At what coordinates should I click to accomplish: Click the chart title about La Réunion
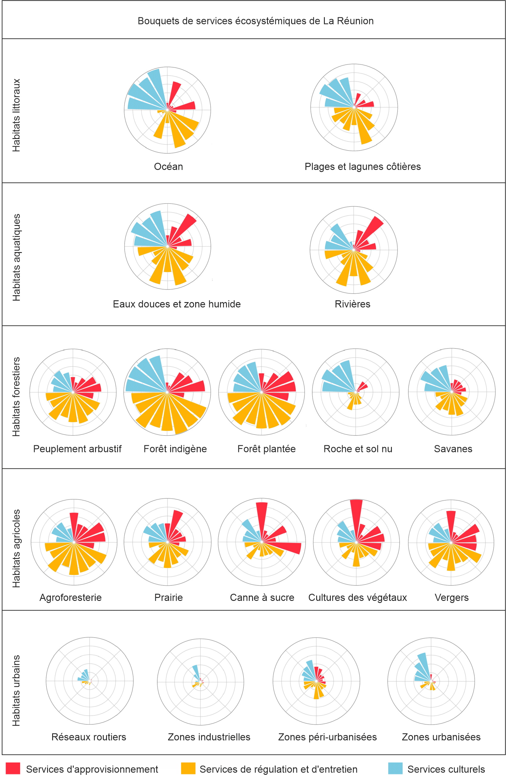(x=255, y=21)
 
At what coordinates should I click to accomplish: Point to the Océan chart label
(x=168, y=167)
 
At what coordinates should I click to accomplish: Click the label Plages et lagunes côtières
(x=363, y=167)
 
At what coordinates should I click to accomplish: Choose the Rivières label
(x=353, y=304)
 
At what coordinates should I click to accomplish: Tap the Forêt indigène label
(x=175, y=449)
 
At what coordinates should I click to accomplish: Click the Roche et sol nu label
(x=358, y=449)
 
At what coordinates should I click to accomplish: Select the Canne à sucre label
(x=262, y=598)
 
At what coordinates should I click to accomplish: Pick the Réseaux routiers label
(x=89, y=737)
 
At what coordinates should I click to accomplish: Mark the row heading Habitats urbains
(x=16, y=690)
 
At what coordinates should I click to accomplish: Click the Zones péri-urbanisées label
(x=327, y=737)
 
